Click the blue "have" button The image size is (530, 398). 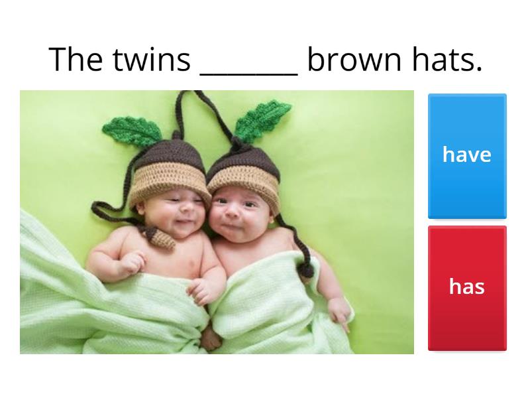(467, 155)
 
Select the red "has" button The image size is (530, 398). (467, 287)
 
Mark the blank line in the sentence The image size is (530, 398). (248, 70)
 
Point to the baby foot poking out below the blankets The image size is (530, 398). (211, 338)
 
